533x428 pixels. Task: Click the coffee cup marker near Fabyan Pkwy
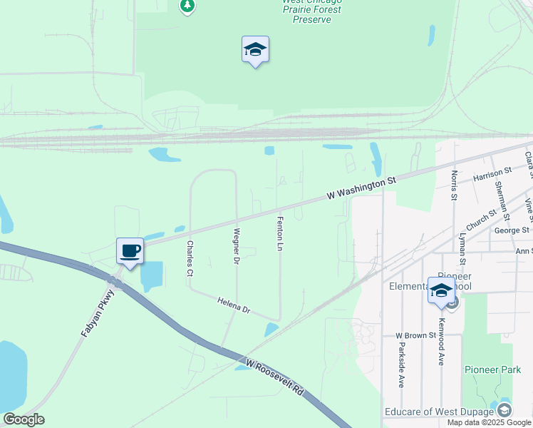tap(130, 251)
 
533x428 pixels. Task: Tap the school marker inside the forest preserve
tap(255, 50)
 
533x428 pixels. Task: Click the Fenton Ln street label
tap(280, 234)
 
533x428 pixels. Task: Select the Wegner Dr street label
tap(236, 245)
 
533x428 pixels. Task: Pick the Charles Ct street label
tap(190, 258)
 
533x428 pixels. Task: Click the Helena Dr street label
tap(234, 306)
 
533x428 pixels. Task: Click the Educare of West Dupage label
tap(439, 412)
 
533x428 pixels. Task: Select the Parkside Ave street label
tap(401, 367)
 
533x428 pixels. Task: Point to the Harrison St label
tap(492, 173)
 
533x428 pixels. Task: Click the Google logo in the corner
tap(24, 419)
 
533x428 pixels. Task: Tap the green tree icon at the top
tap(187, 6)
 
